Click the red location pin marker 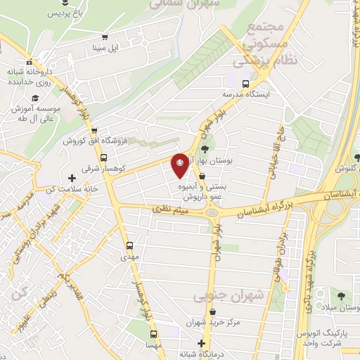181,163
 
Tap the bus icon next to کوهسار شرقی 104,158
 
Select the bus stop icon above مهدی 129,246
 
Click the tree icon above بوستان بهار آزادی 204,149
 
